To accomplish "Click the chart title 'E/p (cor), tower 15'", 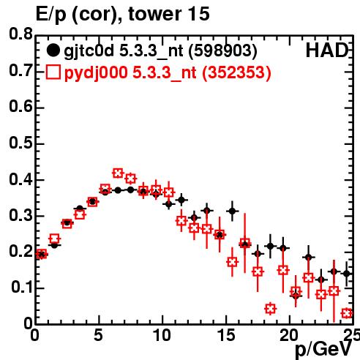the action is coord(123,14).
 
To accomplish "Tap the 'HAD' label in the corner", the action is coord(327,50).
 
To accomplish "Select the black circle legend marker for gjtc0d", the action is coord(53,50).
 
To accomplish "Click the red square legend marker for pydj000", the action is coord(53,72).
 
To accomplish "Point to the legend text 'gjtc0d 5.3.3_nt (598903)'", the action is coord(160,51).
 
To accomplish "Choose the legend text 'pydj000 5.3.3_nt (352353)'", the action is coord(168,72).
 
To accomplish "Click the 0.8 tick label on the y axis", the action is coord(20,34).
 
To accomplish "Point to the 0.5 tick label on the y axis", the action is coord(20,143).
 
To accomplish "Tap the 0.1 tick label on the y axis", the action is coord(22,288).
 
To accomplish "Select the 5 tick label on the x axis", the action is coord(98,335).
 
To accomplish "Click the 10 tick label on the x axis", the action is coord(162,335).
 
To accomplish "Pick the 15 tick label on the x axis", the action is coord(226,335).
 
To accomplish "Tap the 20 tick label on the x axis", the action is coord(289,335).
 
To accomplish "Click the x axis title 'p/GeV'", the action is coord(323,350).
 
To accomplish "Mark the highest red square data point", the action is coord(118,173).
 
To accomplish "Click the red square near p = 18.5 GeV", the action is coord(270,309).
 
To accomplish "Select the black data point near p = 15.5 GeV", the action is coord(233,211).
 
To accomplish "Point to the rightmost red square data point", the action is coord(347,313).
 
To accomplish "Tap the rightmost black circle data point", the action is coord(347,274).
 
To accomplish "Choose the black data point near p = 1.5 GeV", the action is coord(54,245).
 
